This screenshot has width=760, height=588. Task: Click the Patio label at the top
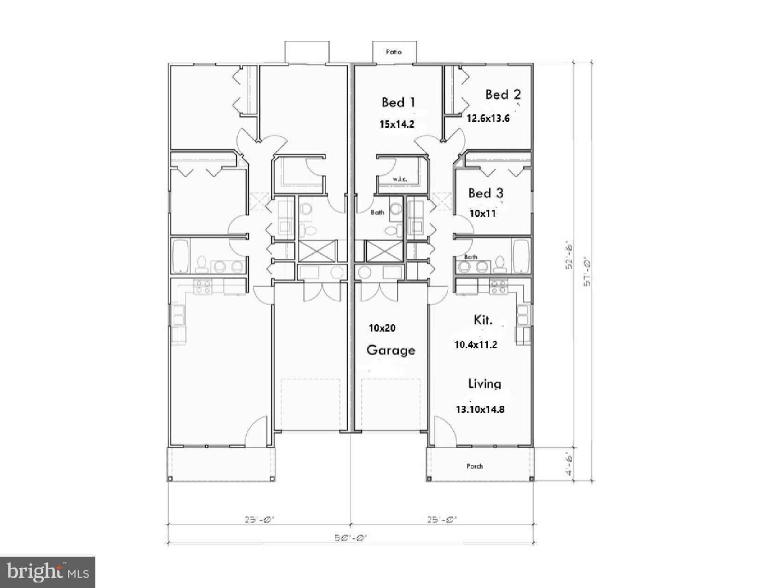[394, 52]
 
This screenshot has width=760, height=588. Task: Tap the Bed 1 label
[399, 102]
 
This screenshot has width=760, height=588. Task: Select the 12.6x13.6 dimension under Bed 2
[488, 118]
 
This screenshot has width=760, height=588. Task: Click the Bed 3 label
[486, 193]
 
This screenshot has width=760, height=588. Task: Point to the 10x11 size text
[483, 213]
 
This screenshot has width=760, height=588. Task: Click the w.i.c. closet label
[399, 179]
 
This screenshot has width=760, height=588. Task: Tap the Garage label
[391, 350]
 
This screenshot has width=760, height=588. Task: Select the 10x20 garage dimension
[382, 328]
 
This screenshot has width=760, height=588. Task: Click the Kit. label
[483, 320]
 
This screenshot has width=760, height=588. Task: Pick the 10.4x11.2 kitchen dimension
[476, 344]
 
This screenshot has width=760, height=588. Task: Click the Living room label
[485, 383]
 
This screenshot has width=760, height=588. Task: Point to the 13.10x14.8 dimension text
[480, 409]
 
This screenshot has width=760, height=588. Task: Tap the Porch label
[474, 466]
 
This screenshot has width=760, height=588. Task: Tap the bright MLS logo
[48, 572]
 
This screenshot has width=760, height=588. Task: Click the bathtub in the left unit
[181, 256]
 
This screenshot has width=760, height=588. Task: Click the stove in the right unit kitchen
[498, 286]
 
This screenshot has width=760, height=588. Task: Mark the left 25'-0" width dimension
[259, 519]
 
